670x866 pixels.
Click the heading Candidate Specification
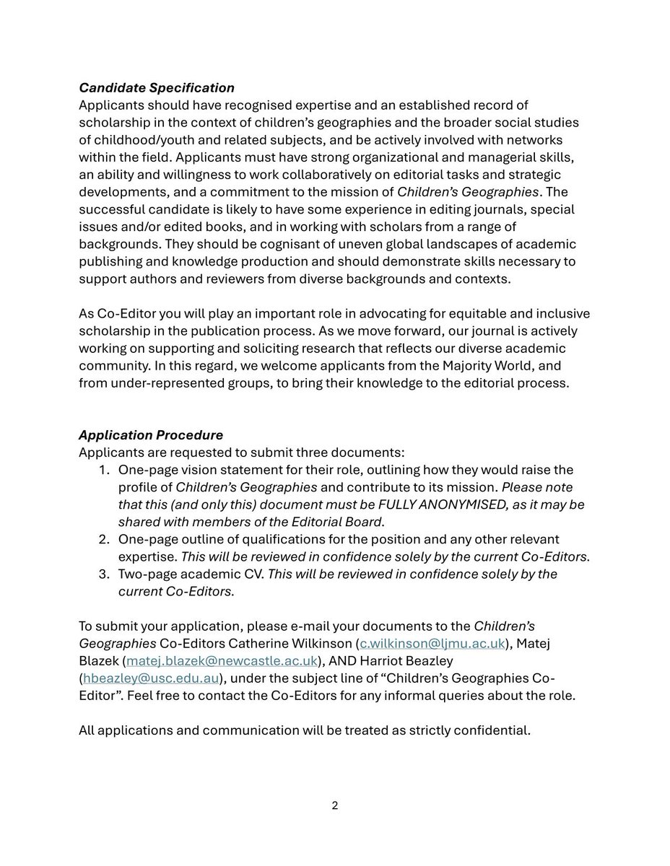157,87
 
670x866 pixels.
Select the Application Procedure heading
151,435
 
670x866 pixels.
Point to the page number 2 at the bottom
334,805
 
